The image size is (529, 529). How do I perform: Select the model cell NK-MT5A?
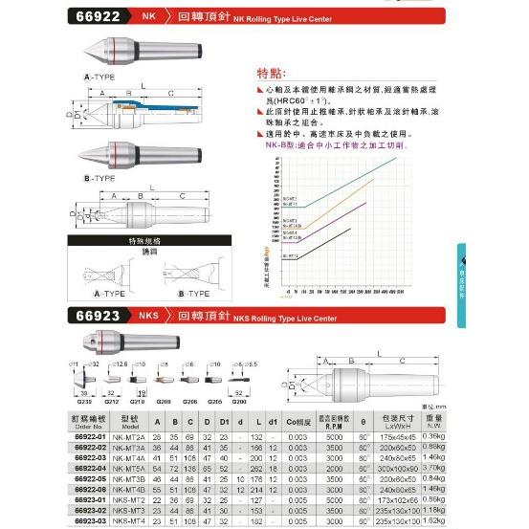pyautogui.click(x=141, y=470)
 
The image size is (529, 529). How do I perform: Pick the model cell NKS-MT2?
pyautogui.click(x=141, y=498)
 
